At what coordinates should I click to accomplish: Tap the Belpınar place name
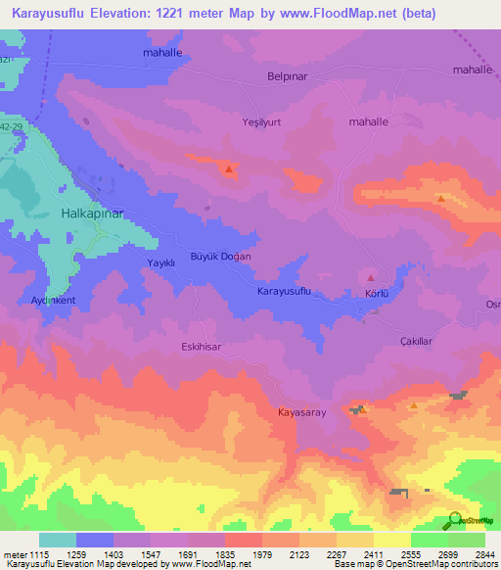click(x=288, y=75)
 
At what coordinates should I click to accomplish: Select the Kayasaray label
click(x=301, y=413)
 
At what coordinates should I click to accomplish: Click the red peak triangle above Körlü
click(x=371, y=278)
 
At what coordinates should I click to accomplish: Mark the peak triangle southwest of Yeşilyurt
click(x=229, y=169)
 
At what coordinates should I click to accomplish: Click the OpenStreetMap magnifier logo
click(x=451, y=520)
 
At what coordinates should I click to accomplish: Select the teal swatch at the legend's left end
click(x=58, y=540)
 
